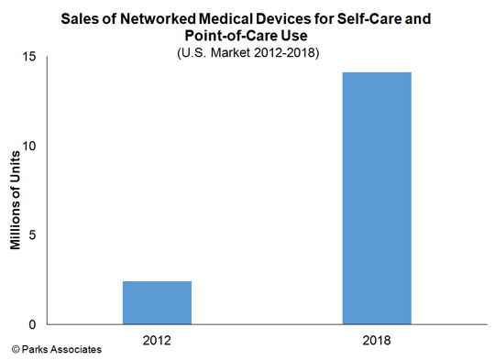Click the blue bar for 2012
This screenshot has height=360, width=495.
pyautogui.click(x=157, y=302)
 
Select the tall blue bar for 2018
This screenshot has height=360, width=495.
pyautogui.click(x=377, y=198)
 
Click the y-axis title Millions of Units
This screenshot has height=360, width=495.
pyautogui.click(x=16, y=191)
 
